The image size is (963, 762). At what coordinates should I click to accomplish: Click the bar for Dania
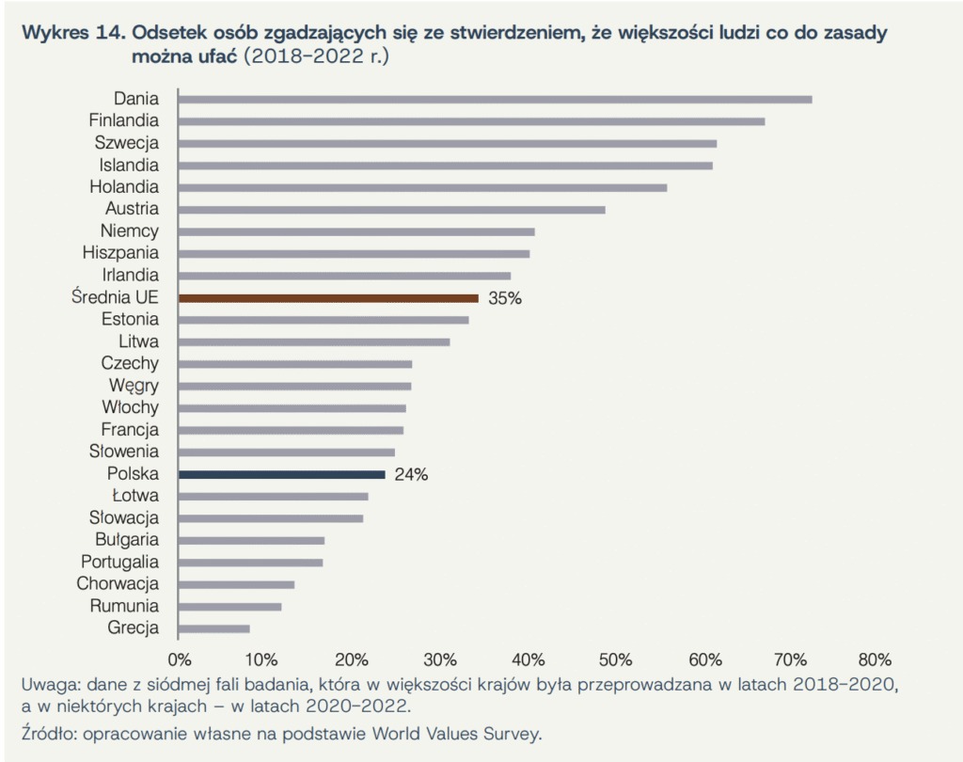point(495,99)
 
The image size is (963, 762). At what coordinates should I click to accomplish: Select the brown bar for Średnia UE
point(328,298)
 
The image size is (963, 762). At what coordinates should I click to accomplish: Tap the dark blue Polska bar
point(281,474)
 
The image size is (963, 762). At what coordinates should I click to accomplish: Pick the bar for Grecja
point(213,628)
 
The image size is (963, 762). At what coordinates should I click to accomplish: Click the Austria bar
point(391,209)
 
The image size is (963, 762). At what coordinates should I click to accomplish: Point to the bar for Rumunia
point(229,607)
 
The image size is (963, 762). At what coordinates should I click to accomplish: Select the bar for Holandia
point(422,187)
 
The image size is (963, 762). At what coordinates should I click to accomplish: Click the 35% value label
point(504,299)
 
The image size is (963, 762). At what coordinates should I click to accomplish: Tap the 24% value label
point(411,475)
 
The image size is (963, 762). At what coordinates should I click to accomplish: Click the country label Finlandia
point(124,120)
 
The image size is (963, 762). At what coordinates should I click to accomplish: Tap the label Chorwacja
point(118,584)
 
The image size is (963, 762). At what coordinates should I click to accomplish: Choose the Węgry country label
point(134,386)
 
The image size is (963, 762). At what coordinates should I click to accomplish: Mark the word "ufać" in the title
point(216,56)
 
